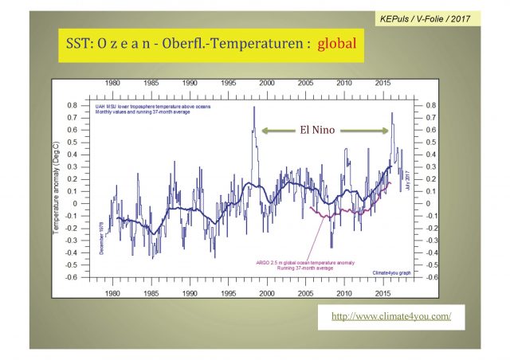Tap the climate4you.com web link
[x=385, y=316]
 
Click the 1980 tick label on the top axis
[x=112, y=82]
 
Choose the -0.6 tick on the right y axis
[x=433, y=277]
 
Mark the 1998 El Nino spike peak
[x=254, y=108]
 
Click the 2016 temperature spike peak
[x=392, y=112]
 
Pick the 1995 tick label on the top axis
[x=228, y=82]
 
